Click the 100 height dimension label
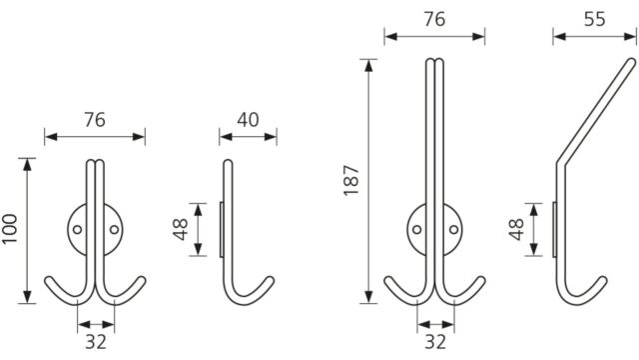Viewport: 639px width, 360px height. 10,229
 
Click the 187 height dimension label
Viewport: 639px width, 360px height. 351,180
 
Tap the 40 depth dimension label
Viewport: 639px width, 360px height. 248,120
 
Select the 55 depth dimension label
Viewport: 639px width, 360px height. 595,19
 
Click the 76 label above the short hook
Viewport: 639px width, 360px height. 95,120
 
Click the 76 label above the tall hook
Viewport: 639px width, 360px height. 434,19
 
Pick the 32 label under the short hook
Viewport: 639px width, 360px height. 96,342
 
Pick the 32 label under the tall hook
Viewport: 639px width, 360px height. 435,342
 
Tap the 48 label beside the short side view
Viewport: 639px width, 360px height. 181,229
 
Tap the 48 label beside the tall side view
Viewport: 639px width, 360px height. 516,229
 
